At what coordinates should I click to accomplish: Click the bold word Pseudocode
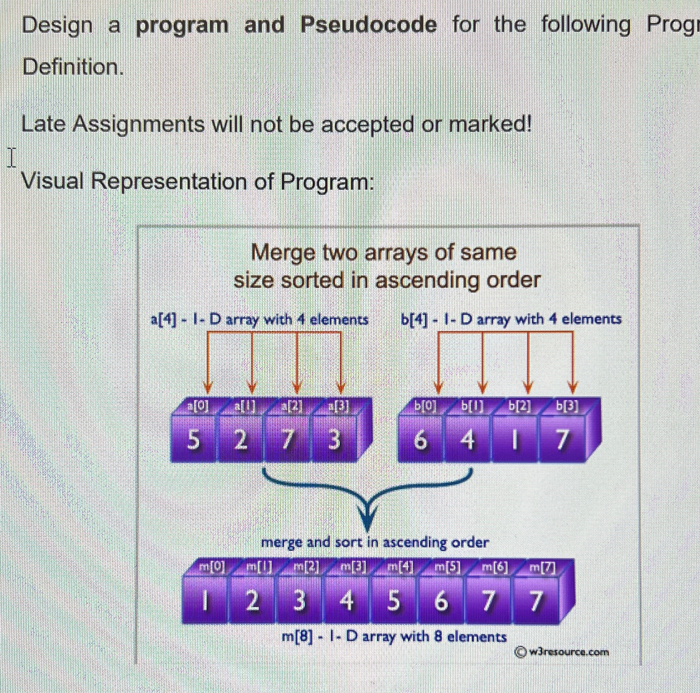(x=368, y=25)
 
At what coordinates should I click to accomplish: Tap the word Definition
(x=73, y=67)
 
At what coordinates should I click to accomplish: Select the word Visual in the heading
(x=52, y=181)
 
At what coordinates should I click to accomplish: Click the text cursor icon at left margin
(x=12, y=158)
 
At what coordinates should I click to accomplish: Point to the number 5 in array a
(x=193, y=440)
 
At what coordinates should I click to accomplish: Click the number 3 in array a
(x=334, y=440)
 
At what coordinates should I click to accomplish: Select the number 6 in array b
(x=420, y=440)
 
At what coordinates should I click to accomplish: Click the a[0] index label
(x=198, y=406)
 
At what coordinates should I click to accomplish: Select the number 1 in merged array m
(x=204, y=601)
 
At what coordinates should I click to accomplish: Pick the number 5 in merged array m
(x=394, y=601)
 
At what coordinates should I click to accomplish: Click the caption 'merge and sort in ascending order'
(x=375, y=543)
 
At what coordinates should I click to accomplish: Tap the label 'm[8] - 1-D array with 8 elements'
(x=394, y=636)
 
